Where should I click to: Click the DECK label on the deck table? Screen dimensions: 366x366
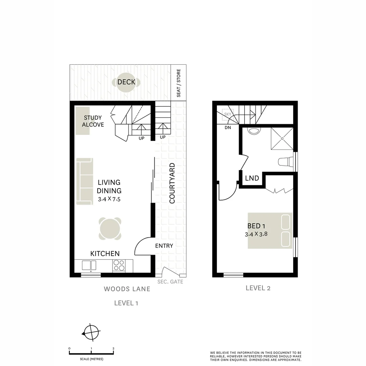point(126,82)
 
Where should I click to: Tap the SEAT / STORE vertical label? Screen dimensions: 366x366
point(179,83)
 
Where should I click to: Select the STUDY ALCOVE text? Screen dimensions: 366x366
point(93,121)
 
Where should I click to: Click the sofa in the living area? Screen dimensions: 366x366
point(84,181)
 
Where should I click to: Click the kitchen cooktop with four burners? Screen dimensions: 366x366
point(119,265)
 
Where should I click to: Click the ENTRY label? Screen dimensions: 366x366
point(164,246)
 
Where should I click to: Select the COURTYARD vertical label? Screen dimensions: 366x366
point(172,183)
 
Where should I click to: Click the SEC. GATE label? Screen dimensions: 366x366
point(170,282)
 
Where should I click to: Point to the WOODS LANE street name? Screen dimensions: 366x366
point(127,289)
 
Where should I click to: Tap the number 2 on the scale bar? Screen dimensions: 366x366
point(113,348)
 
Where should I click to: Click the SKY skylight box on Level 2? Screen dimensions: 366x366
point(227,114)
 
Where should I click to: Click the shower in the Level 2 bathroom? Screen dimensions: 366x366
point(282,139)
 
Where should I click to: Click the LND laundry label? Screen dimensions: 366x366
point(252,178)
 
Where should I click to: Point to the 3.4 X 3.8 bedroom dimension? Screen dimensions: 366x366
point(256,233)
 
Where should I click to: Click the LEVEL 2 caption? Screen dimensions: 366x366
point(258,288)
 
